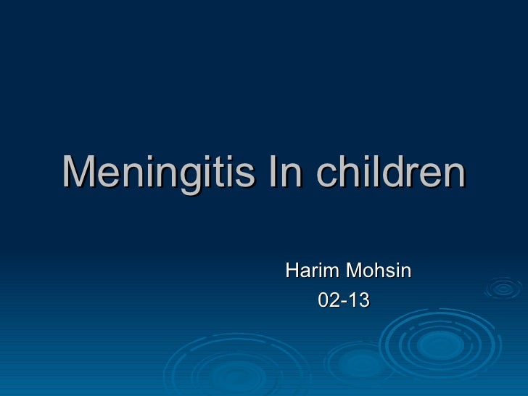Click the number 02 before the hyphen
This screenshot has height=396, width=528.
pos(329,298)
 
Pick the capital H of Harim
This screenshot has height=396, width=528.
pos(293,271)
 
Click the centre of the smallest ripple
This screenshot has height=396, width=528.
pos(503,287)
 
